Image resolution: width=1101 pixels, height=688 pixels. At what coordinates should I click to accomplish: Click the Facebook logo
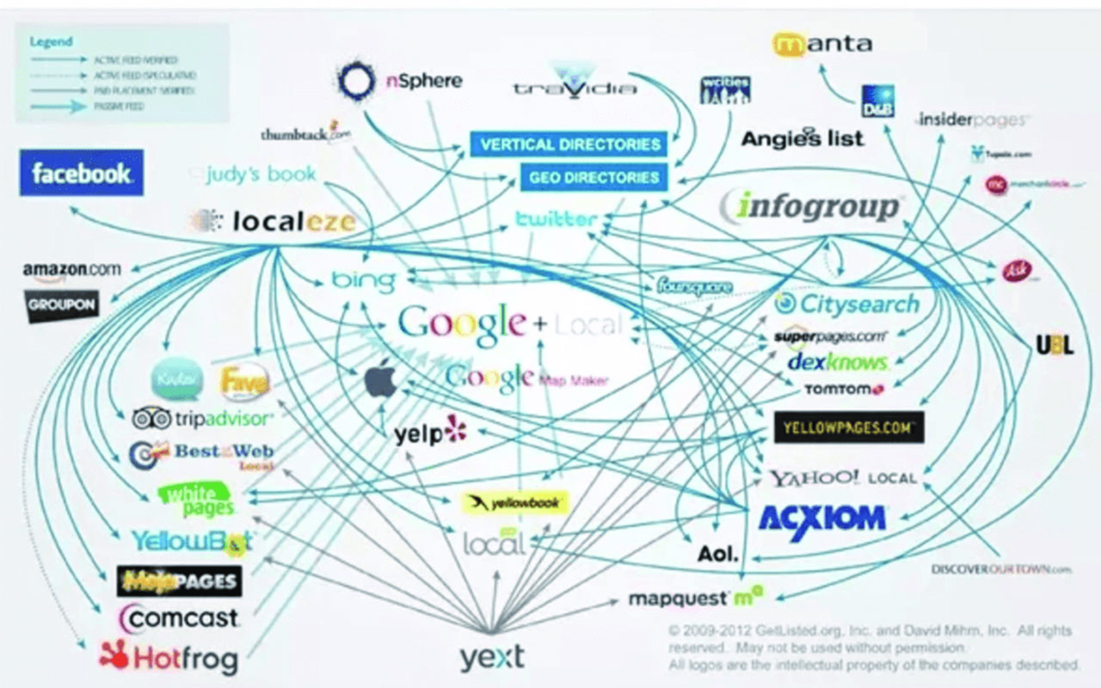pos(82,173)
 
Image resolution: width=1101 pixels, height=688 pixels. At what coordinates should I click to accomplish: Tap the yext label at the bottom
pos(491,658)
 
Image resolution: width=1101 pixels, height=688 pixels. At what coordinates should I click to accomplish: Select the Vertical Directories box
pos(570,144)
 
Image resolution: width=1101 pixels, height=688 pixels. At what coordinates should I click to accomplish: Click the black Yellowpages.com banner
pos(848,427)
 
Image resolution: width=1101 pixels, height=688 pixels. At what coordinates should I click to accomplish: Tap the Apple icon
pos(380,379)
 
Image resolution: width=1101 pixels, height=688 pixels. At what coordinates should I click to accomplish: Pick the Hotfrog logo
pos(169,658)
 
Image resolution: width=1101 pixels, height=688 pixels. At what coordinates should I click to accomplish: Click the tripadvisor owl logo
pos(151,419)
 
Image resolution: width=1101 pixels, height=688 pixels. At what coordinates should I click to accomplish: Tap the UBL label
pos(1055,345)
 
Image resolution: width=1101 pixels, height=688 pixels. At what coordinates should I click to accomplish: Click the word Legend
pos(51,40)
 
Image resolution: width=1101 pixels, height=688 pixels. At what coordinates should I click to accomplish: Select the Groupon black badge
pos(61,305)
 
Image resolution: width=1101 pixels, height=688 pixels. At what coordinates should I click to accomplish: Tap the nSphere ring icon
pos(354,81)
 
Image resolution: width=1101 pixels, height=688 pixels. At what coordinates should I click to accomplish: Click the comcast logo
pos(180,617)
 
